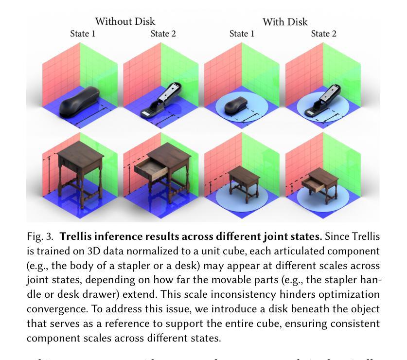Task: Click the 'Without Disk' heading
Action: tap(125, 21)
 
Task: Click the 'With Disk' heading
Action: tap(285, 22)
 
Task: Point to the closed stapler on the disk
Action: tap(237, 104)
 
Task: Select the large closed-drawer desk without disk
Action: tap(81, 173)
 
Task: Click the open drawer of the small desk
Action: tap(313, 183)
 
